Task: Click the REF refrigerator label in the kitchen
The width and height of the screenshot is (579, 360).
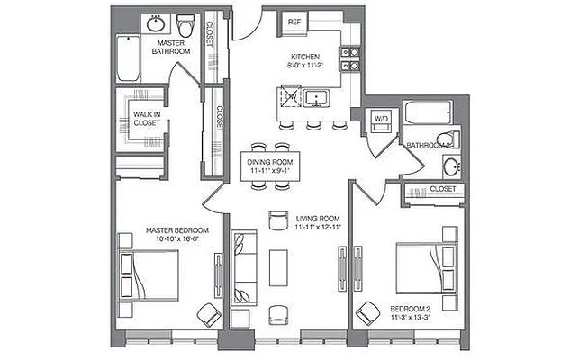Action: point(294,21)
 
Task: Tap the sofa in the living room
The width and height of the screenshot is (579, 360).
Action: point(243,266)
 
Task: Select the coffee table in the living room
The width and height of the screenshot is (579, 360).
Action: point(279,268)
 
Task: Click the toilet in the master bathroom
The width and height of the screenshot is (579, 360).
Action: point(185,23)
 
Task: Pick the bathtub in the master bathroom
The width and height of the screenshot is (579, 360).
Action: point(127,57)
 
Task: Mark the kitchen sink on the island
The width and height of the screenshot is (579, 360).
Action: point(316,97)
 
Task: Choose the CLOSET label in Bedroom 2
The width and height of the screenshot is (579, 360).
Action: point(441,189)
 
